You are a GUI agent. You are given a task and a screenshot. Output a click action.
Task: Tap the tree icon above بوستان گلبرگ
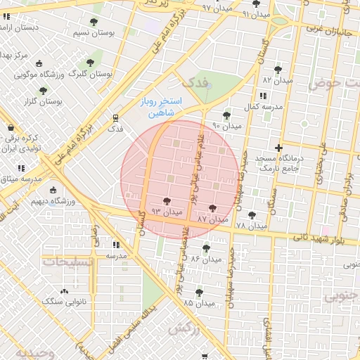click(x=89, y=62)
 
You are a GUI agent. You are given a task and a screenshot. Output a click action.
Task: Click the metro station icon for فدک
click(x=115, y=117)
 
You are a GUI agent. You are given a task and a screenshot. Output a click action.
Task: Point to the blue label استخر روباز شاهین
click(x=161, y=107)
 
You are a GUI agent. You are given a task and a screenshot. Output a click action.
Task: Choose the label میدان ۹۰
click(x=226, y=126)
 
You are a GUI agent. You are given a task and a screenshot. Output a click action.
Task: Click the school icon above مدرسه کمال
click(x=262, y=96)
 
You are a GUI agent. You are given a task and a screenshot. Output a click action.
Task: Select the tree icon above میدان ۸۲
click(x=278, y=70)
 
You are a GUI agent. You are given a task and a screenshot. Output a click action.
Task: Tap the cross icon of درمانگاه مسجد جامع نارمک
click(x=279, y=148)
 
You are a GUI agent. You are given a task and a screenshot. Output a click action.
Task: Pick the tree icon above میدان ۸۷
click(x=213, y=208)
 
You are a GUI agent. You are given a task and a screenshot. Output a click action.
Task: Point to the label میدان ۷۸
click(x=252, y=226)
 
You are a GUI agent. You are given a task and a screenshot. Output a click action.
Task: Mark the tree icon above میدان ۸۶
click(x=206, y=248)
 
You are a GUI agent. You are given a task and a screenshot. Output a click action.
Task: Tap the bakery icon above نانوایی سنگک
click(x=65, y=290)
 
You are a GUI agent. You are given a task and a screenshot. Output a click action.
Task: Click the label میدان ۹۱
click(x=256, y=14)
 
